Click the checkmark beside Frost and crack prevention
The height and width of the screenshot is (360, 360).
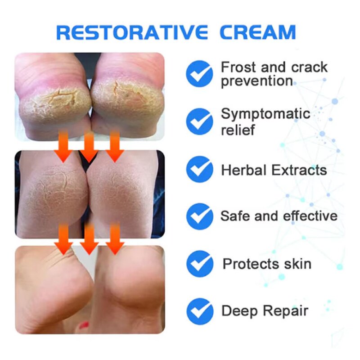(199, 73)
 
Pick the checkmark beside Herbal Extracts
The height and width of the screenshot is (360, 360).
(199, 170)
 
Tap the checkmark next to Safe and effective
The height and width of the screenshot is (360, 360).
(199, 216)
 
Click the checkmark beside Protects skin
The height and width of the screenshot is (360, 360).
(199, 263)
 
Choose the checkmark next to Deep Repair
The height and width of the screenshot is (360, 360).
(199, 311)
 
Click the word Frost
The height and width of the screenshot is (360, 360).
(238, 67)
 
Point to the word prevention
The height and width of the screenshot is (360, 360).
(257, 82)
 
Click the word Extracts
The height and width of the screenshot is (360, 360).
(300, 170)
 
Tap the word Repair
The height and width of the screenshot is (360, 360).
(287, 311)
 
